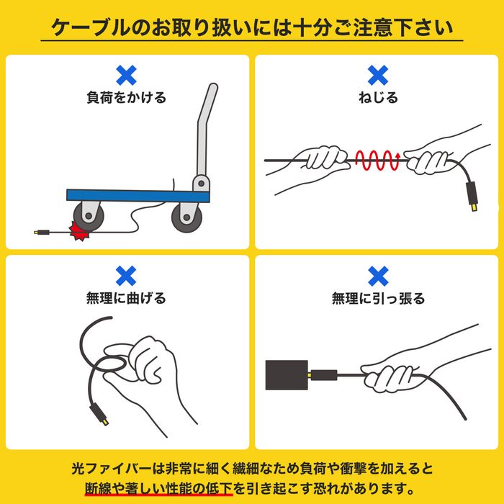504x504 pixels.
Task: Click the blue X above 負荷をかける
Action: click(126, 75)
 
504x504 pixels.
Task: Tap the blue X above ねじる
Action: click(378, 75)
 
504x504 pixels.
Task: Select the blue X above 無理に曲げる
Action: click(126, 276)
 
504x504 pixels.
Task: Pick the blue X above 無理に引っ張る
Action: click(378, 276)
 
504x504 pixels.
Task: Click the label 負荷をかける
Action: click(126, 97)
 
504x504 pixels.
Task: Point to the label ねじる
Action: click(378, 97)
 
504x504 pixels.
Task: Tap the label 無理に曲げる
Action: click(126, 298)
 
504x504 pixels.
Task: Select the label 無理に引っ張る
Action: click(378, 298)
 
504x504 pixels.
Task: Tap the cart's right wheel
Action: click(186, 217)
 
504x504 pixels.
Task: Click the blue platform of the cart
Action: click(138, 196)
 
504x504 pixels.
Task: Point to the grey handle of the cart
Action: click(204, 135)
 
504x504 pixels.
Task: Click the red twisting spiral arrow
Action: click(378, 160)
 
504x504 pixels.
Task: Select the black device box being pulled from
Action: click(287, 375)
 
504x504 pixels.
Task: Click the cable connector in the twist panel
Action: click(472, 197)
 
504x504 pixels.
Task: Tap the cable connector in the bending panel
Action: click(99, 415)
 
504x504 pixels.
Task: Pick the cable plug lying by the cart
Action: click(42, 232)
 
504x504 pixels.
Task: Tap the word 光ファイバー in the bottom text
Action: click(112, 469)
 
